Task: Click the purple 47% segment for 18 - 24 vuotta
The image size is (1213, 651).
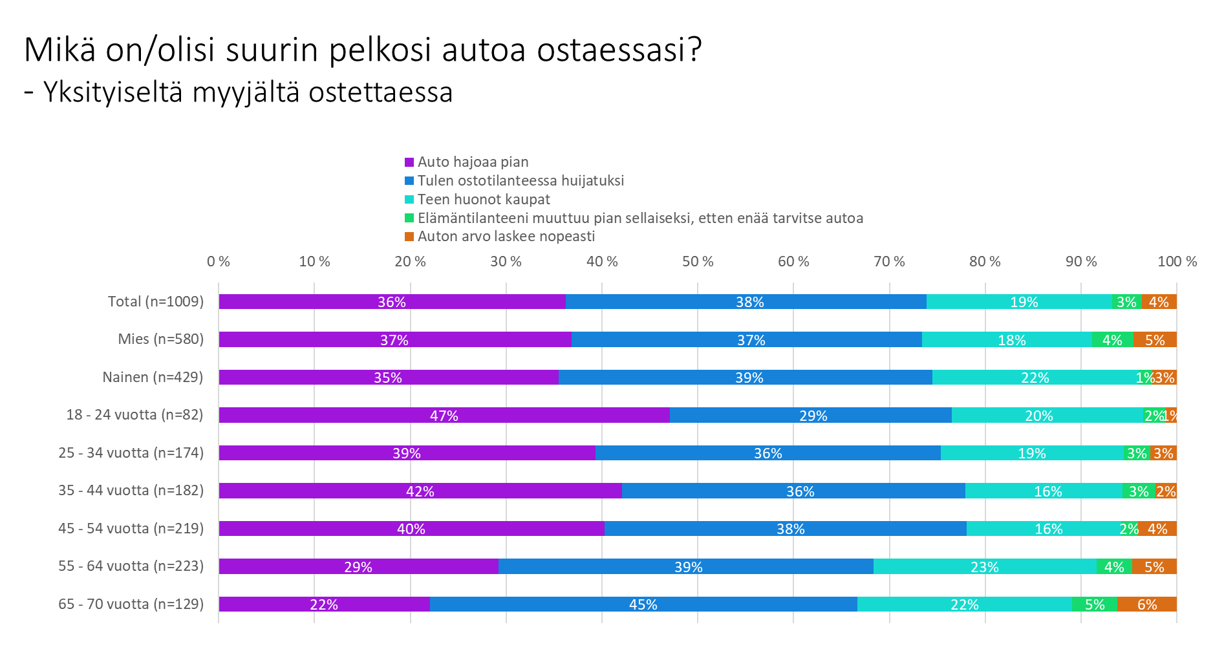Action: pyautogui.click(x=444, y=415)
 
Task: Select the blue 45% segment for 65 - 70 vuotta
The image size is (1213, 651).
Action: pyautogui.click(x=643, y=604)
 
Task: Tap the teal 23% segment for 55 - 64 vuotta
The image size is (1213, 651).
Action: pyautogui.click(x=985, y=567)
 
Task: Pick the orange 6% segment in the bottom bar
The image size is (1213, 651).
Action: pyautogui.click(x=1146, y=604)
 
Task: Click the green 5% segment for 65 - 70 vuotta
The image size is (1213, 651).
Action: pyautogui.click(x=1094, y=604)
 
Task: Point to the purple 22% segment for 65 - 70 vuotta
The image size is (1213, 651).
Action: pyautogui.click(x=324, y=604)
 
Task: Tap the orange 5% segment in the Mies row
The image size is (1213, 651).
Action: pyautogui.click(x=1155, y=340)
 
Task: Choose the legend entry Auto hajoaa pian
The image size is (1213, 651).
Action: pyautogui.click(x=473, y=162)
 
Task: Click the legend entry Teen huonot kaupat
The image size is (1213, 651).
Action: pyautogui.click(x=484, y=200)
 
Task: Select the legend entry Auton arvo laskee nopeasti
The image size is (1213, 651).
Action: pyautogui.click(x=506, y=237)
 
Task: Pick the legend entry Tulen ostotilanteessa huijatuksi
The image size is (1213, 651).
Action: pyautogui.click(x=521, y=181)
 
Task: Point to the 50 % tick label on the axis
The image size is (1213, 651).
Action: pyautogui.click(x=698, y=262)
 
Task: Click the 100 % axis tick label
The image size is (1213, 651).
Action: pyautogui.click(x=1177, y=262)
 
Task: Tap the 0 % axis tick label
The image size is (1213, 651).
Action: pyautogui.click(x=219, y=262)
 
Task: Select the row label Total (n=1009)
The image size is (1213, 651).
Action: pyautogui.click(x=155, y=302)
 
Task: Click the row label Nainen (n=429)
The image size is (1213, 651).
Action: pyautogui.click(x=153, y=378)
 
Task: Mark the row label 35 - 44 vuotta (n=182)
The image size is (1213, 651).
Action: pyautogui.click(x=131, y=491)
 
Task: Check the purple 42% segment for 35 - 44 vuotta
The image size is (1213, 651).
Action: pyautogui.click(x=420, y=491)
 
